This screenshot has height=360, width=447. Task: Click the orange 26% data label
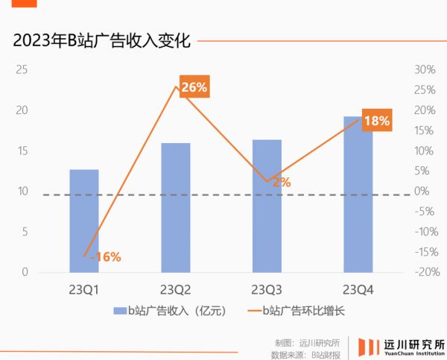(194, 87)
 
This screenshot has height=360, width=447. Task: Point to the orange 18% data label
(377, 120)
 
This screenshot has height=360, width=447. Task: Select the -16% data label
(105, 256)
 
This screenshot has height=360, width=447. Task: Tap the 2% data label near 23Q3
(281, 181)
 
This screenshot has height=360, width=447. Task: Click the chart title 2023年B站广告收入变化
(102, 42)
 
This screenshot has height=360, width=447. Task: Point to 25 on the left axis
(22, 70)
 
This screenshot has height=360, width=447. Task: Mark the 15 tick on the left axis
(22, 151)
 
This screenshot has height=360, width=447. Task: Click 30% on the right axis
(424, 70)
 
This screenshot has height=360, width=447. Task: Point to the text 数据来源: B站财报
(305, 354)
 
